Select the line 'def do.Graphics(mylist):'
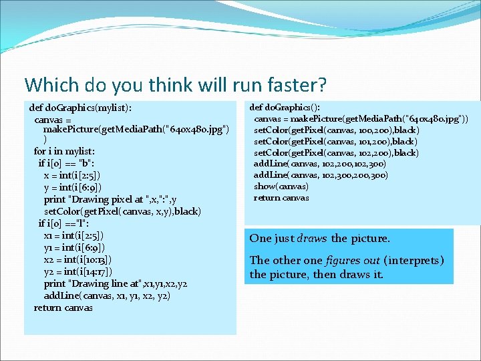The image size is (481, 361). pos(80,107)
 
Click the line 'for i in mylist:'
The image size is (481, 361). pos(64,152)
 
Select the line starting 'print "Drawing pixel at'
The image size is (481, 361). pos(110,199)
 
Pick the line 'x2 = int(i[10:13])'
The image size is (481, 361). pos(78,259)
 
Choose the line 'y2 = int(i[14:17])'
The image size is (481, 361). pos(77,271)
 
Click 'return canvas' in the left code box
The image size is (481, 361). pos(63,308)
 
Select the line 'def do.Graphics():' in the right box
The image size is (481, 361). pos(285,107)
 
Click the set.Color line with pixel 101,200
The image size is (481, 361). pos(336,141)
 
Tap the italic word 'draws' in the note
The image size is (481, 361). pos(312,239)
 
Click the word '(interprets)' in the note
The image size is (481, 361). pos(414,261)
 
